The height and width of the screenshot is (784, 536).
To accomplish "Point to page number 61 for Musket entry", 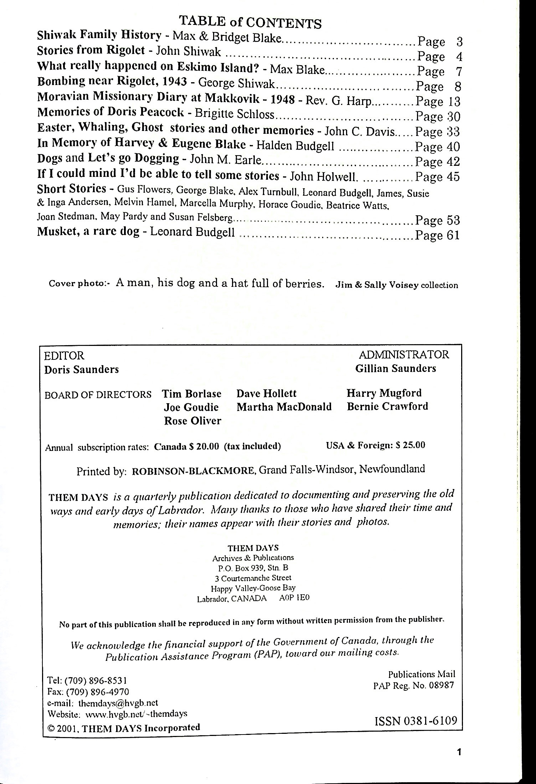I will point(453,235).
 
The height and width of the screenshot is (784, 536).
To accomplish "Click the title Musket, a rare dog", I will point(88,232).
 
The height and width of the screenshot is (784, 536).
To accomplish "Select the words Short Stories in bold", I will point(72,189).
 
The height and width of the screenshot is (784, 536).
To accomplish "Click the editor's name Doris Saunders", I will point(81,369).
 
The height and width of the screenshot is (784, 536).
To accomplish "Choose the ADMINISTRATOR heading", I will point(404,354).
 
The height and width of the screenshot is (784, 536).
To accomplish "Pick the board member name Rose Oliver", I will point(192,421).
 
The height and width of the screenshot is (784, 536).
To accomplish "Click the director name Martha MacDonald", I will point(284,407).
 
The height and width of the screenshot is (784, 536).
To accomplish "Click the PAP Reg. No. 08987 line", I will point(413,685).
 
